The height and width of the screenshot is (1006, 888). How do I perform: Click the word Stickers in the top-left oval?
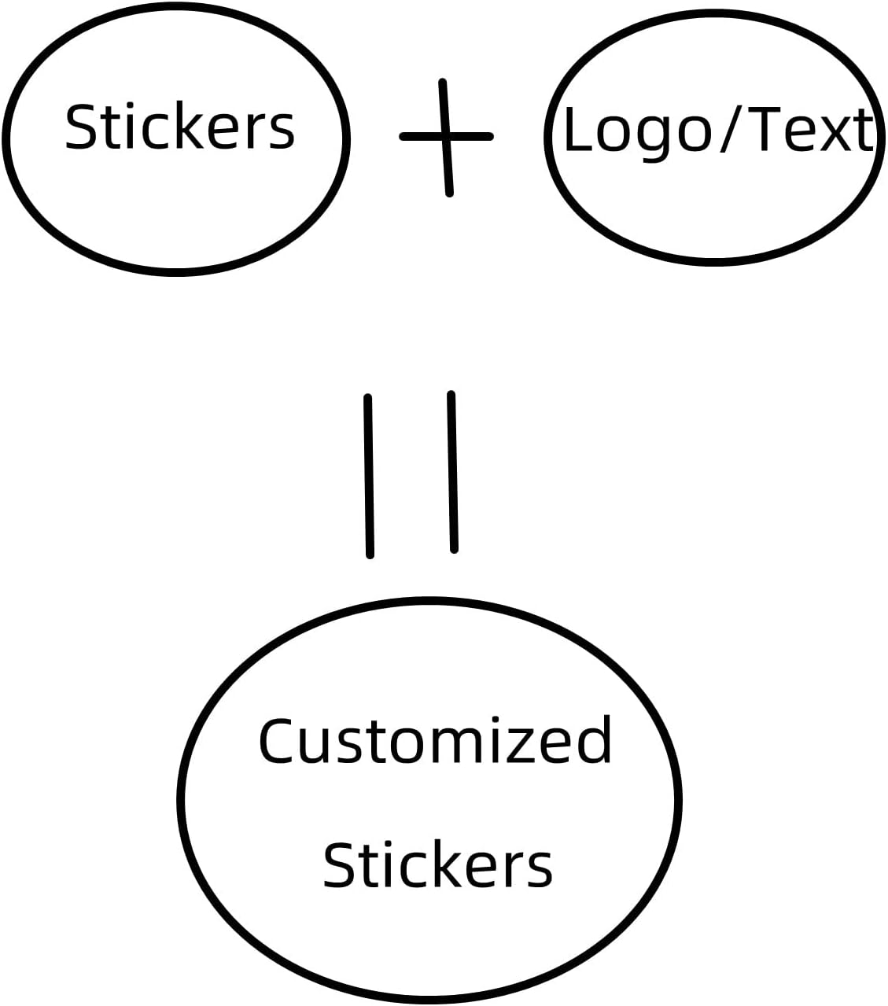179,127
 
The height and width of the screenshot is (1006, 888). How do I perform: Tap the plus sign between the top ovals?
446,137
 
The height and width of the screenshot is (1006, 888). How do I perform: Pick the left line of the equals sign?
368,476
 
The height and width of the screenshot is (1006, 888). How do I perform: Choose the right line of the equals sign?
452,472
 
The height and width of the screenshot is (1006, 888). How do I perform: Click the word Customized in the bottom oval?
435,741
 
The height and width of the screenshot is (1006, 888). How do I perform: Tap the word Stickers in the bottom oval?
437,864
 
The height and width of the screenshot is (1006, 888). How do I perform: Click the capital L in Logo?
578,130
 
